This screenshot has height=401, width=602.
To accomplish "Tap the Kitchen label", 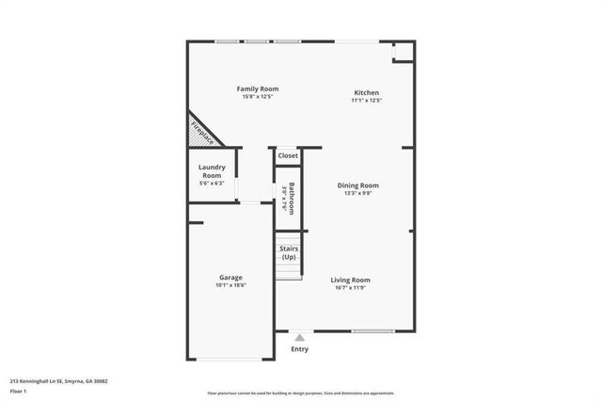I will point(366,92).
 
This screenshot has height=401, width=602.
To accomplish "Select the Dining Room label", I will point(358,185).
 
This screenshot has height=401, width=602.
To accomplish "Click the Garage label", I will point(231,278).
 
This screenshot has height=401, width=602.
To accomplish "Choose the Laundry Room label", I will point(212,171).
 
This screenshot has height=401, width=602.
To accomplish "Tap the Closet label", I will point(288,156).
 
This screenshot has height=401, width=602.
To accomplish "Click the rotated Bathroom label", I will point(292,197).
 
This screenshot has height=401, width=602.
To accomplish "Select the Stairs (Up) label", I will point(289,252).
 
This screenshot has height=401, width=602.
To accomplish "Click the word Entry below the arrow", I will point(299,349).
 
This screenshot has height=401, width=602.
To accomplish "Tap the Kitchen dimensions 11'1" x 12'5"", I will point(366,100).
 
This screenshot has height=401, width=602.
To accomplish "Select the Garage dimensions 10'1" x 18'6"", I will point(231,285).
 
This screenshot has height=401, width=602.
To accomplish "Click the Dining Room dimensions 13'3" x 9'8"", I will point(358,193).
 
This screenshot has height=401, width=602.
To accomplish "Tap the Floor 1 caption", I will point(19,391).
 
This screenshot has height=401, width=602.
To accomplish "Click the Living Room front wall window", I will point(372,330).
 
